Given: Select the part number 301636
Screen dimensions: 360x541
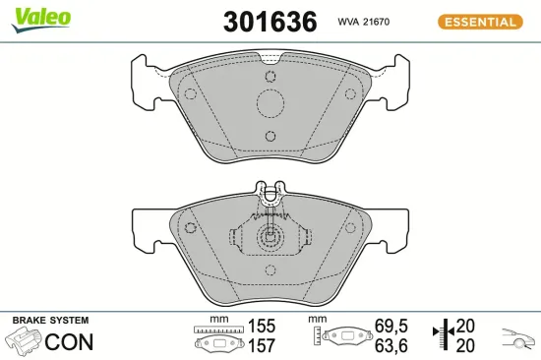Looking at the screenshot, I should [x=258, y=21].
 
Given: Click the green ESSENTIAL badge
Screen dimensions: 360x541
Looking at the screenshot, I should [x=478, y=22].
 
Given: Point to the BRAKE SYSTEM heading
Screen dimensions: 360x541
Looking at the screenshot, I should [x=50, y=321].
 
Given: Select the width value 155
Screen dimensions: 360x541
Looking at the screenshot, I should [x=262, y=325].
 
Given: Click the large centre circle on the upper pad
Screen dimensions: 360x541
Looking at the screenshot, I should [x=270, y=102].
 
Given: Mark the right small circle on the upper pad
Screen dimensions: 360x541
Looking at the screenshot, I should [x=349, y=93].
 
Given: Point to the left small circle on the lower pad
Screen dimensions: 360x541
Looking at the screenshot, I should [x=190, y=228].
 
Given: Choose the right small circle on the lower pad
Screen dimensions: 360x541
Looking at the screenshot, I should [x=349, y=228].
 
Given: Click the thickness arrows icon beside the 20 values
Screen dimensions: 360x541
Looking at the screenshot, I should [x=445, y=334].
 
